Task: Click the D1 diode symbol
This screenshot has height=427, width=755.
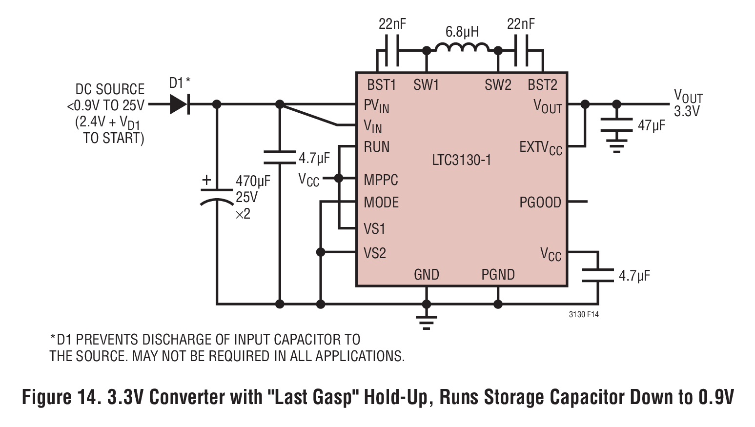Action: click(x=179, y=104)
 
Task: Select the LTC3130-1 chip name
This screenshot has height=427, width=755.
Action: click(x=461, y=160)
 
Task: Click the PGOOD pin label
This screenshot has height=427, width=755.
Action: click(x=540, y=202)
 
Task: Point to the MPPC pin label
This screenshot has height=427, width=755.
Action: click(x=381, y=180)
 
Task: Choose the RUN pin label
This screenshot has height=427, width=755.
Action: click(x=376, y=146)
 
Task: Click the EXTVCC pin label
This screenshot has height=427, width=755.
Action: click(x=541, y=148)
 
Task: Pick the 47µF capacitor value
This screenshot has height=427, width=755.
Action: click(x=652, y=126)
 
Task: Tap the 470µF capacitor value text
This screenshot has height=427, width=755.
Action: click(x=253, y=182)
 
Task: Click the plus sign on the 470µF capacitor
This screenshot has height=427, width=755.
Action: click(x=206, y=180)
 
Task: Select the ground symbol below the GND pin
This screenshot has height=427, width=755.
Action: click(x=427, y=323)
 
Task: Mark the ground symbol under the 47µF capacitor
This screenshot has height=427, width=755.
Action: click(x=616, y=146)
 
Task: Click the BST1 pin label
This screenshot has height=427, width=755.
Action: click(x=382, y=85)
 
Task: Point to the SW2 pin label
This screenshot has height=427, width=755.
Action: click(x=498, y=85)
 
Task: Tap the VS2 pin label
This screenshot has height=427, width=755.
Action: click(x=375, y=253)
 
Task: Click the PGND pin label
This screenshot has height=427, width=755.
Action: click(x=498, y=275)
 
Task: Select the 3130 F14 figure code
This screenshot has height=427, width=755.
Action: click(x=584, y=314)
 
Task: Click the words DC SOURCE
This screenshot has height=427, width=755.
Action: click(x=110, y=89)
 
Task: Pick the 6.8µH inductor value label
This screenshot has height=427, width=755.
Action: click(x=462, y=32)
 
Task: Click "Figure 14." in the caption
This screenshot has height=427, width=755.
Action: click(x=61, y=397)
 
